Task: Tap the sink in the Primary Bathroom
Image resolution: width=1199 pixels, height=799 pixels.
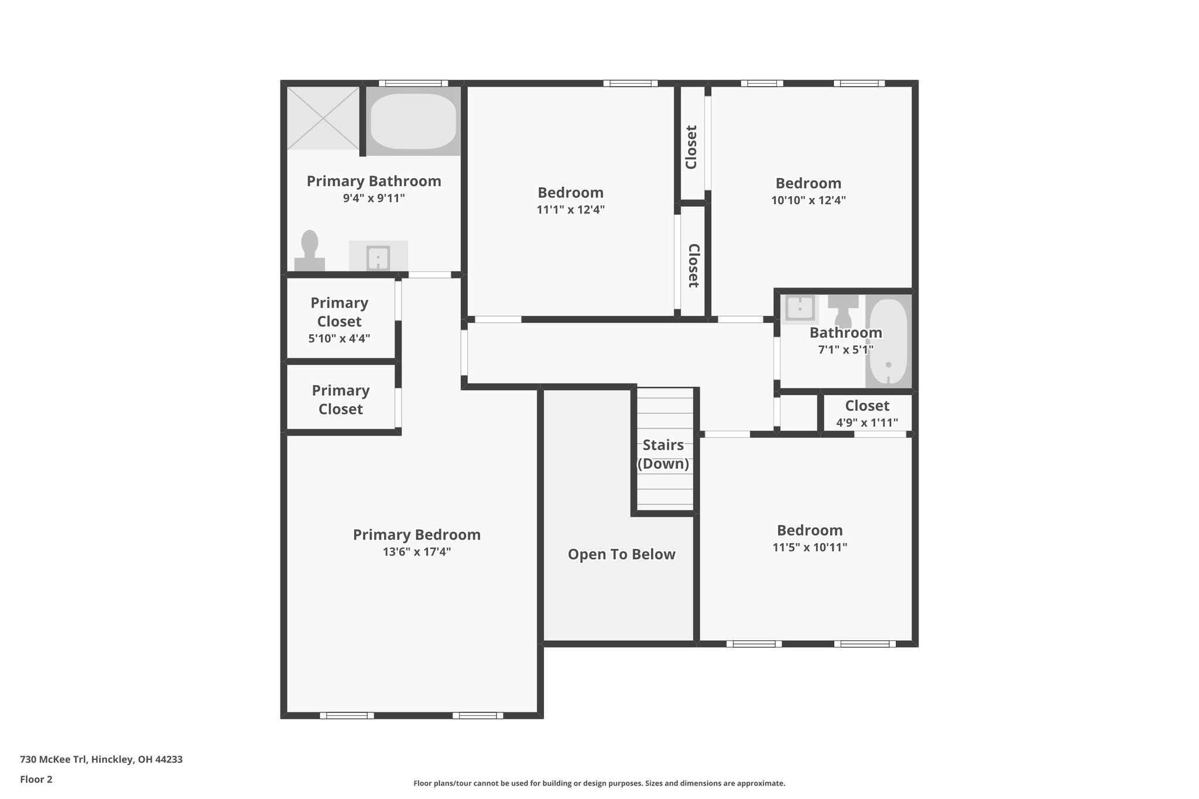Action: pos(378,257)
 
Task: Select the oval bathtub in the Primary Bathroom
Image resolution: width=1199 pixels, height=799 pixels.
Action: pos(413,121)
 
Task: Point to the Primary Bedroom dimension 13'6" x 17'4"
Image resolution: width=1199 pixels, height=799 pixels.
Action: pos(417,551)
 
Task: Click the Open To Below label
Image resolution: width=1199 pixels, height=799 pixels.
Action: pos(621,554)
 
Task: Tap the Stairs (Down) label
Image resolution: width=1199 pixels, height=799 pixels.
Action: pos(663,454)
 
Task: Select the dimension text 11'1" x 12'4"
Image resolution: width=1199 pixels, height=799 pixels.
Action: pos(570,210)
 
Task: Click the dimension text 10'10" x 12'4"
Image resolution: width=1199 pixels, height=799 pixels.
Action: pos(808,200)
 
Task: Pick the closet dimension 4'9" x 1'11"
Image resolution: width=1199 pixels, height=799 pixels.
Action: pos(866,423)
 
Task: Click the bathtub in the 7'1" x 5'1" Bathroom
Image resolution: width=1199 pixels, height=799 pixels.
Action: pos(888,342)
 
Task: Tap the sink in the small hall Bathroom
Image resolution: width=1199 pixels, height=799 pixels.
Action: pos(800,307)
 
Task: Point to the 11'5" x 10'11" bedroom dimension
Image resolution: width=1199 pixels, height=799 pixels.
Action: pos(810,547)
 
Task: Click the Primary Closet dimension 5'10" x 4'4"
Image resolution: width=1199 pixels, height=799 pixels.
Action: pos(339,338)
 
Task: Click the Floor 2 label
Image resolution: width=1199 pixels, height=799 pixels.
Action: pos(36,779)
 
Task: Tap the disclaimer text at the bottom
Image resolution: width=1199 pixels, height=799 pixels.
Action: pos(599,783)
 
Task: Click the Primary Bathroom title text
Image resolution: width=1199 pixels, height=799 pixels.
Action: pos(374,181)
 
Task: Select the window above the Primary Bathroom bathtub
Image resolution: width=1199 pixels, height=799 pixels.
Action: pos(413,83)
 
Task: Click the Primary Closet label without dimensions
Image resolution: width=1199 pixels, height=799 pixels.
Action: pos(340,400)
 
